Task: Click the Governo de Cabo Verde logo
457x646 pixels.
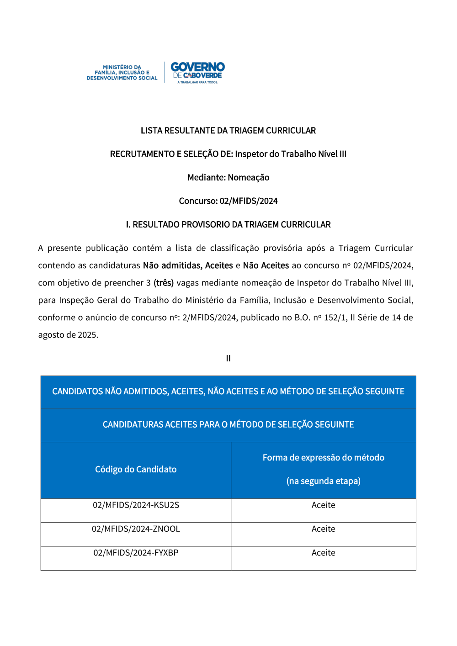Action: click(197, 72)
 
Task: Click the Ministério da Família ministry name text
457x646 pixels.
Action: click(122, 73)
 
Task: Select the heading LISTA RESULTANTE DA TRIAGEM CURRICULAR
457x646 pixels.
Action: click(228, 131)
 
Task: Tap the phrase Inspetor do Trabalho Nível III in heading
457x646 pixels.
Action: click(291, 154)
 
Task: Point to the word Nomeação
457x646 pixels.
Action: click(249, 177)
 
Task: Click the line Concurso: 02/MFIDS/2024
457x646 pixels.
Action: click(228, 201)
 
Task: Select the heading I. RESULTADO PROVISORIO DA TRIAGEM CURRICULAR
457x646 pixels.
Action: click(228, 224)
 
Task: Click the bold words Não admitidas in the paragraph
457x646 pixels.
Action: click(172, 265)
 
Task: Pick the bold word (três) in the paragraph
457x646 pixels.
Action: click(164, 283)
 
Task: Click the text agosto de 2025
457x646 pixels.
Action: click(68, 335)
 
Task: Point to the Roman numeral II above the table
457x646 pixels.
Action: click(228, 359)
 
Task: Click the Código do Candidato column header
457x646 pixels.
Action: click(136, 470)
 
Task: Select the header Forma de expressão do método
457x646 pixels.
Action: click(323, 458)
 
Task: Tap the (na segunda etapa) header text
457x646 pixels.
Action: click(323, 481)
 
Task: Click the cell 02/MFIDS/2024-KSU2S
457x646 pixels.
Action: click(136, 505)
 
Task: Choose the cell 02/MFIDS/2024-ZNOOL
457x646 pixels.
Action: click(136, 529)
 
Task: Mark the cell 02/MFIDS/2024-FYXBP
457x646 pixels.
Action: click(136, 553)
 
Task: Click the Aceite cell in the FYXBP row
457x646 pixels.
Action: click(323, 553)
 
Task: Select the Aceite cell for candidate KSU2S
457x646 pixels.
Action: click(323, 505)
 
